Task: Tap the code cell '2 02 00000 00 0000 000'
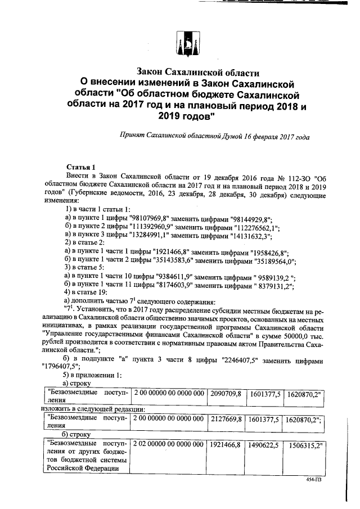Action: pyautogui.click(x=168, y=444)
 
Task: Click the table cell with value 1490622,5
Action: pyautogui.click(x=264, y=444)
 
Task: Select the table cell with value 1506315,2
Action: pyautogui.click(x=306, y=444)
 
